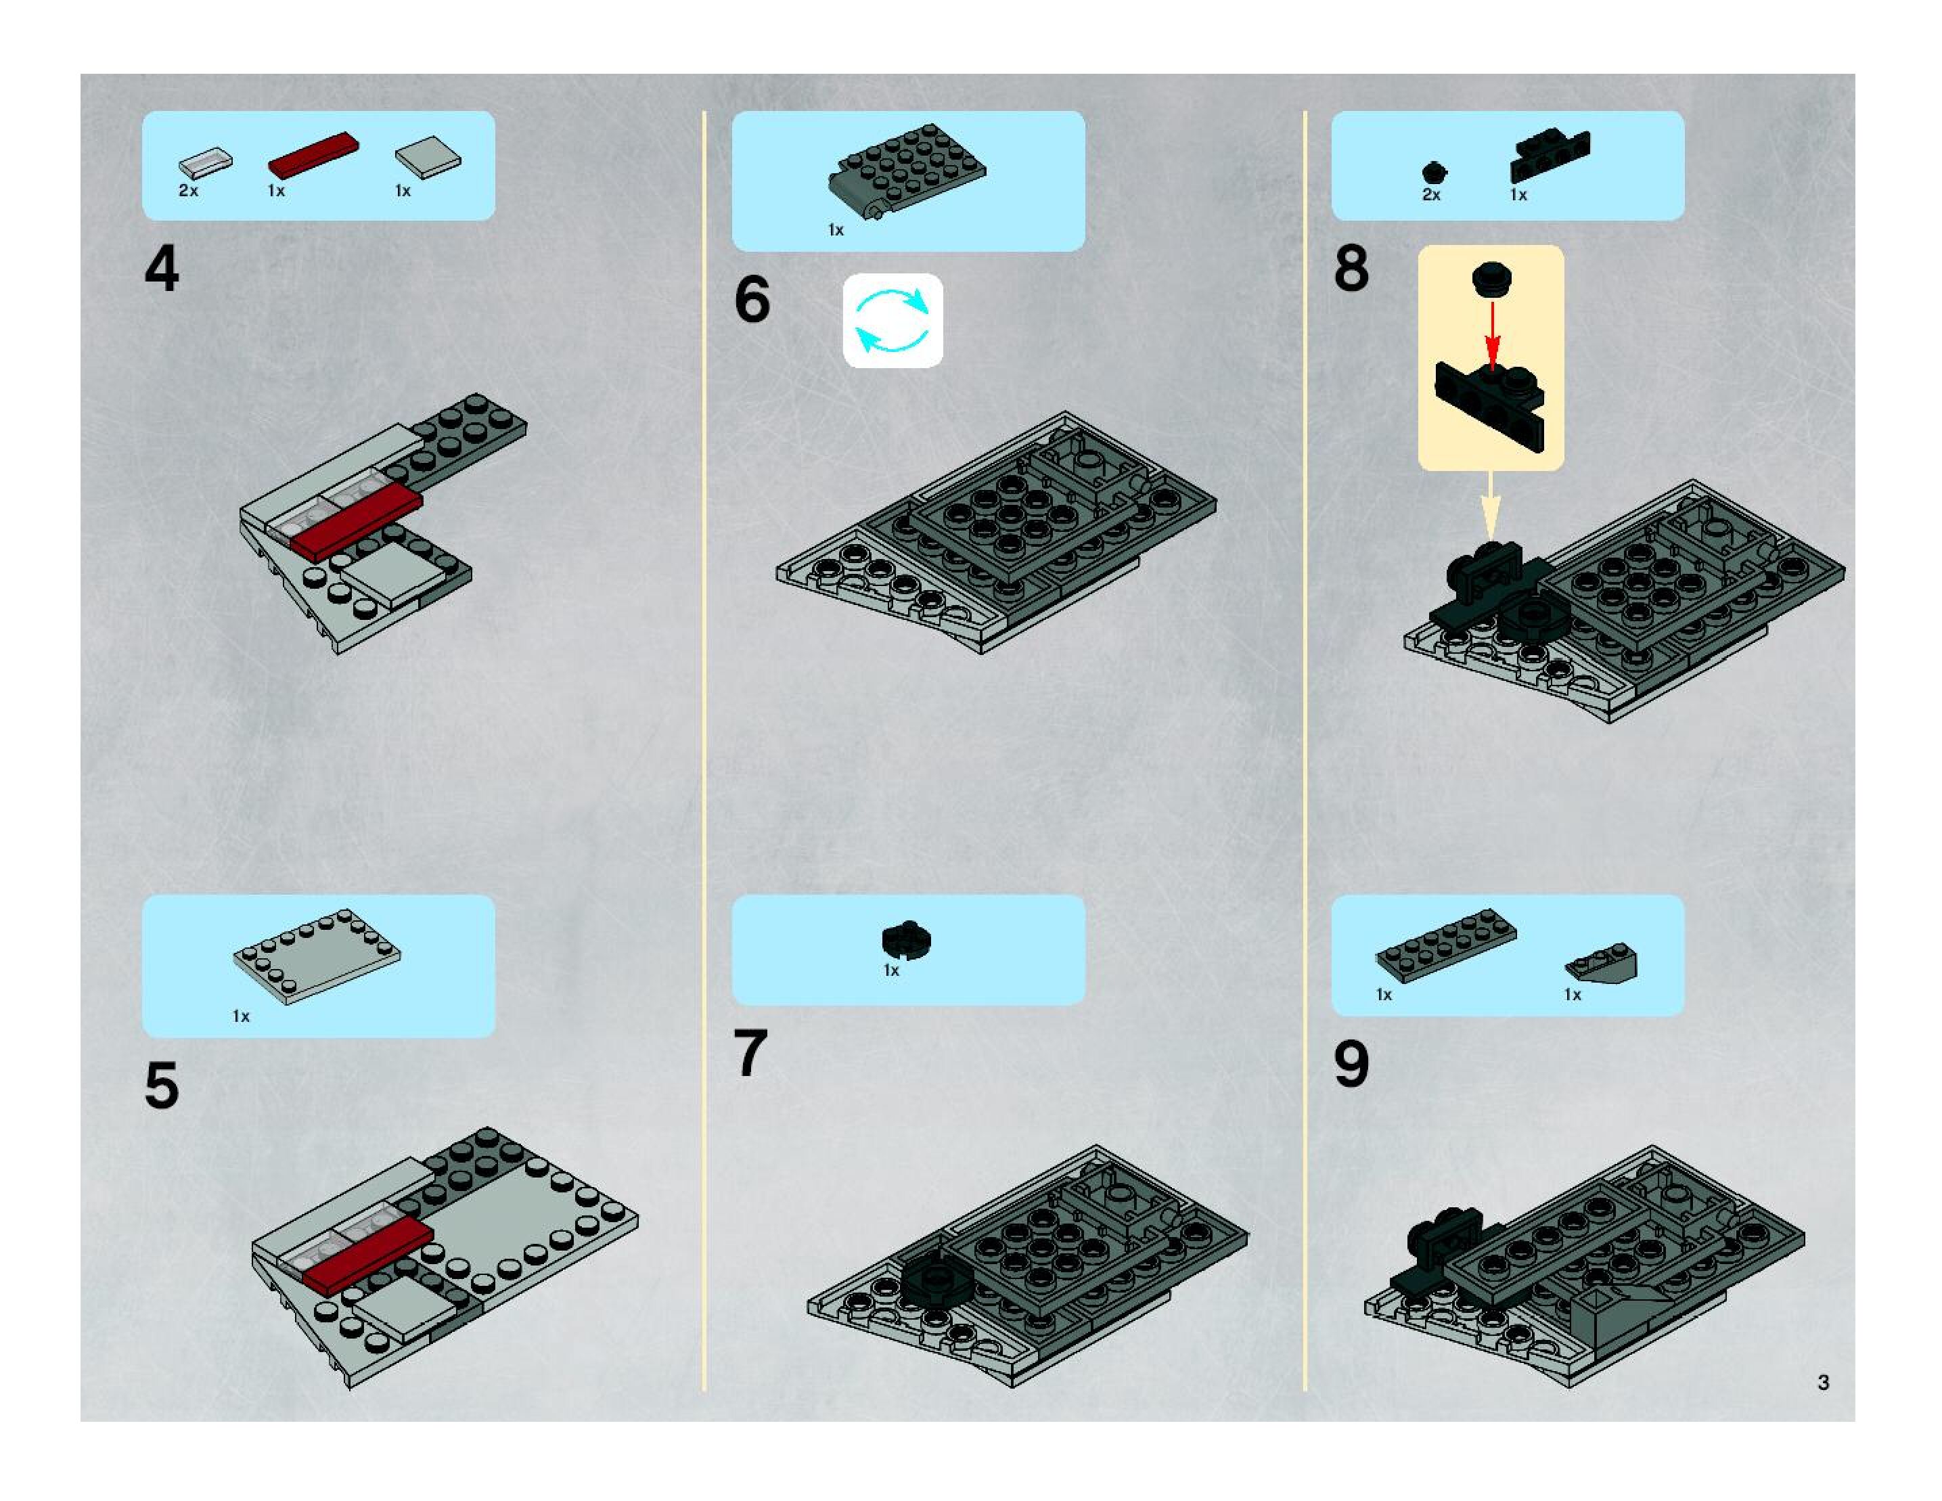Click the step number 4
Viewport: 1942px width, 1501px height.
coord(162,269)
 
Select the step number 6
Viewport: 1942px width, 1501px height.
coord(752,300)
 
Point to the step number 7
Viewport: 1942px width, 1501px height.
coord(750,1054)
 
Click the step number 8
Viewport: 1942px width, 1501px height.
coord(1351,269)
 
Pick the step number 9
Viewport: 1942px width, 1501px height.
coord(1351,1065)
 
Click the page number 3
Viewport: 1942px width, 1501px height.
coord(1824,1382)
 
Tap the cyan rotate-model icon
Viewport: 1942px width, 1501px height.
coord(892,320)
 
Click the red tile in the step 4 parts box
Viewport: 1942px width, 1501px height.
coord(314,155)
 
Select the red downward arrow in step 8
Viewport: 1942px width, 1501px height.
coord(1493,334)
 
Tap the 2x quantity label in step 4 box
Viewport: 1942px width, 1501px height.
coord(189,190)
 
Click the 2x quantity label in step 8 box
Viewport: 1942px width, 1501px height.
coord(1430,195)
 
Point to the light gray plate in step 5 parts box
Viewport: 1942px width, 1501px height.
coord(317,957)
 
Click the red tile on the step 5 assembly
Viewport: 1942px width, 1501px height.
coord(367,1255)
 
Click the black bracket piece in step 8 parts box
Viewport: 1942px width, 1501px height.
coord(1549,155)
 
